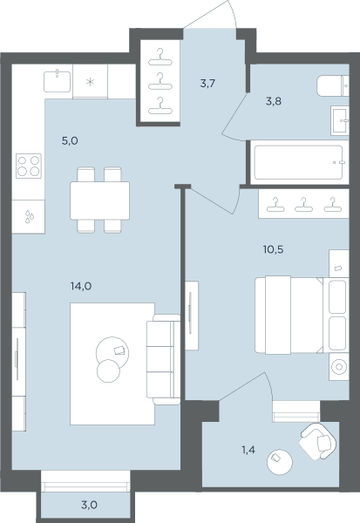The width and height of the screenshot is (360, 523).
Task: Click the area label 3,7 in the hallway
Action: coord(207,84)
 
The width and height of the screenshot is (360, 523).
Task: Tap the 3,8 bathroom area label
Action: coord(274,101)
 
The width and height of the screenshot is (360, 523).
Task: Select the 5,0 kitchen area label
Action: coord(70,140)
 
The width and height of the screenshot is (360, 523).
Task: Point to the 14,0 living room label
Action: coord(81,286)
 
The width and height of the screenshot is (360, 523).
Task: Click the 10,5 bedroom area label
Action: coord(273,249)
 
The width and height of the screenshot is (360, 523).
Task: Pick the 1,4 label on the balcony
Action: coord(248,450)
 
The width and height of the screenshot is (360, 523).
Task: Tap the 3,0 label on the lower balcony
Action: coord(89,505)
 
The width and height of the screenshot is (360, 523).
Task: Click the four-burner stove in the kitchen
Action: coord(29,166)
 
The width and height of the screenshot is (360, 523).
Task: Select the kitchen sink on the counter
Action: coord(57,81)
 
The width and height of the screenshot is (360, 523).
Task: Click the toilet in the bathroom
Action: coord(333,85)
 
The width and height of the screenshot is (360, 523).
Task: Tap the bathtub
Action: coord(299,162)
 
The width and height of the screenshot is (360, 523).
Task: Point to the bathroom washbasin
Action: coord(340,120)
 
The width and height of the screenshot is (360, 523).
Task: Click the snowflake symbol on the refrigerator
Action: coord(91,82)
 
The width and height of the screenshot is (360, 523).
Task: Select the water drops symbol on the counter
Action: coord(30,216)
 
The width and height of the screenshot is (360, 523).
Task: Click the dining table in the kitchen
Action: coord(99,200)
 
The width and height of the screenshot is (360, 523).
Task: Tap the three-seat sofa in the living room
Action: coord(164,359)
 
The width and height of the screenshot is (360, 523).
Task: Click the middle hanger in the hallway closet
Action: coord(160,82)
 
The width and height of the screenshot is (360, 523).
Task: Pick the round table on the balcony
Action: coord(280,462)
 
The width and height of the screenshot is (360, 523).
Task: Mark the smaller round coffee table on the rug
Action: coord(108,371)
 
